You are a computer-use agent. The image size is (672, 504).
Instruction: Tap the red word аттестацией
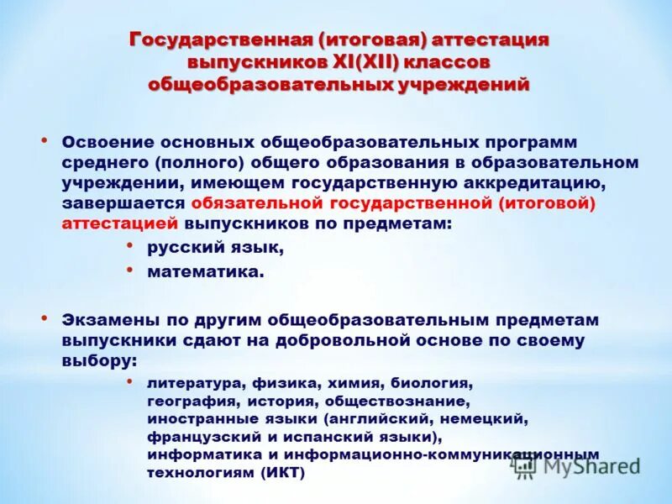(119, 223)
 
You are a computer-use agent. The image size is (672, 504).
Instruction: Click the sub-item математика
(206, 271)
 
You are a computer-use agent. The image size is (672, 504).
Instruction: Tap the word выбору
(97, 360)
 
